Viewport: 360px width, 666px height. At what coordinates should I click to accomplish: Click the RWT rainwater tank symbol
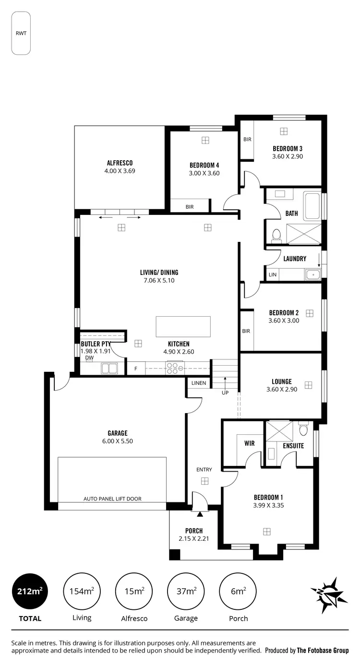(x=21, y=33)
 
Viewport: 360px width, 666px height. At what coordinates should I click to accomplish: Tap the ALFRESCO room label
(x=120, y=163)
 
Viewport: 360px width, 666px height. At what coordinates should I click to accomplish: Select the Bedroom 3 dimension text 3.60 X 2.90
(x=288, y=156)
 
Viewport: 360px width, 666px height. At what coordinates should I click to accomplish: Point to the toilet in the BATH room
(x=276, y=235)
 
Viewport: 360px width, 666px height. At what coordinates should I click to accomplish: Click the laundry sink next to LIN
(x=312, y=274)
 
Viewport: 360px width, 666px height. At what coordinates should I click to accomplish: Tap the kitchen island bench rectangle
(x=183, y=326)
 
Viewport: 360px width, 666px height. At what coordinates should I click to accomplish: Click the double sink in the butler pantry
(x=109, y=369)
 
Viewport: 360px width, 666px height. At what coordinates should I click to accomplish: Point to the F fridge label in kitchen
(x=136, y=369)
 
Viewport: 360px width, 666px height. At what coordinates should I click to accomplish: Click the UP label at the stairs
(x=225, y=392)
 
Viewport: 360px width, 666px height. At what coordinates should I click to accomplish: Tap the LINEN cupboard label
(x=199, y=383)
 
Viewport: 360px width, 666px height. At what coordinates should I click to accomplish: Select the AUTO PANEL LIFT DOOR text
(x=112, y=499)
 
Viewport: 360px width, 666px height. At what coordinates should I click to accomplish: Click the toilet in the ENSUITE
(x=303, y=429)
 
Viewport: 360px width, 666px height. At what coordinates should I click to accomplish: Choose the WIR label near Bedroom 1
(x=249, y=443)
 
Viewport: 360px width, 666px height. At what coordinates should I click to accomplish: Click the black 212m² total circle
(x=30, y=591)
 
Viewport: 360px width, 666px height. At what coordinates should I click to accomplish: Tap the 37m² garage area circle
(x=186, y=591)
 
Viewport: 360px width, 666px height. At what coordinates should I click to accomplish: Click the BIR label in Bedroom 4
(x=190, y=207)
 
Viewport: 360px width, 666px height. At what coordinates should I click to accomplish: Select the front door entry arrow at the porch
(x=200, y=514)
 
